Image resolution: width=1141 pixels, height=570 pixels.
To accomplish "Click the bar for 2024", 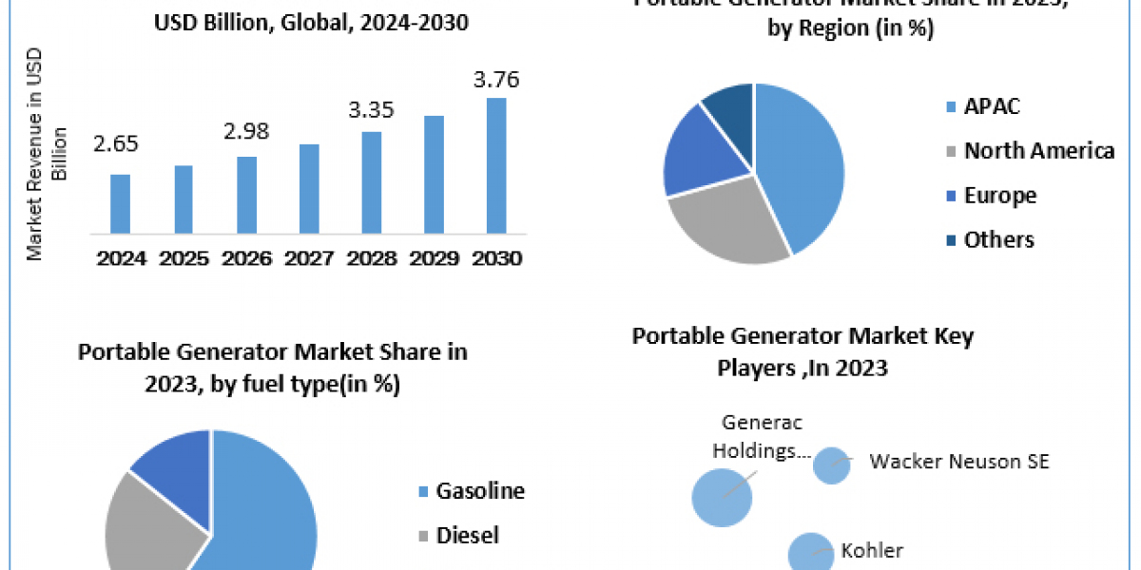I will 120,203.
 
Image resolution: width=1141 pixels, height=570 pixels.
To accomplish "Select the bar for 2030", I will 496,165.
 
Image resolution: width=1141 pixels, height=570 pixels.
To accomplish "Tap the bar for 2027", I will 308,188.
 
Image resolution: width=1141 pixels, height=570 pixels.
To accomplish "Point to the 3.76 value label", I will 496,80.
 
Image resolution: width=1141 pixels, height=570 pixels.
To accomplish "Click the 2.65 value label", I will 117,144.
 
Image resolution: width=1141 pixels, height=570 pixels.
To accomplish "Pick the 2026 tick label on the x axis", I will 245,257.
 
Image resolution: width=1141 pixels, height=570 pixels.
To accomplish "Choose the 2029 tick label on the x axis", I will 434,257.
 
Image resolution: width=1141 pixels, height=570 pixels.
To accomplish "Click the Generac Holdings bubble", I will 722,496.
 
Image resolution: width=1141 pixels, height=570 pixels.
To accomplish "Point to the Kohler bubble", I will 810,552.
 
